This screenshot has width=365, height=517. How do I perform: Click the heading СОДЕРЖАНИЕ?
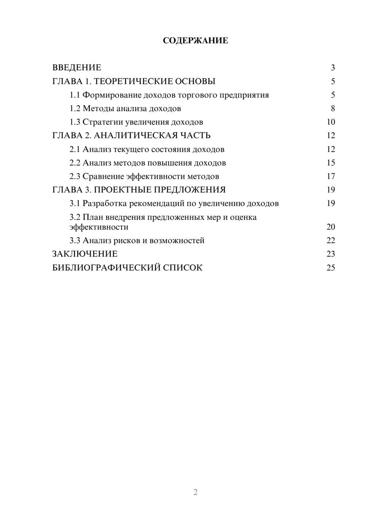195,41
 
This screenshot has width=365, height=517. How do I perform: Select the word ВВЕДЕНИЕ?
77,68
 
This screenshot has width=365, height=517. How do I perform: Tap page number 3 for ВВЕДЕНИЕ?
333,68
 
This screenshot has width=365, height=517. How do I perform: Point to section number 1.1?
75,95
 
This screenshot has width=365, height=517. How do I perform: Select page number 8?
333,109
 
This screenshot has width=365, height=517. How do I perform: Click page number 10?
331,122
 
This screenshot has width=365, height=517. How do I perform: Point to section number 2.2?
75,163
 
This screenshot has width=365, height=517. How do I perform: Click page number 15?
331,163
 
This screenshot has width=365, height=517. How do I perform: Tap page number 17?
331,177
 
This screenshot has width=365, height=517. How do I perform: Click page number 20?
331,227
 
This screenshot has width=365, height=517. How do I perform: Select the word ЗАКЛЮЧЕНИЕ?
85,254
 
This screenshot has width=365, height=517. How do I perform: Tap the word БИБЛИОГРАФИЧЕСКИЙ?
106,268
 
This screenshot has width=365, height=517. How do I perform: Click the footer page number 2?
195,492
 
